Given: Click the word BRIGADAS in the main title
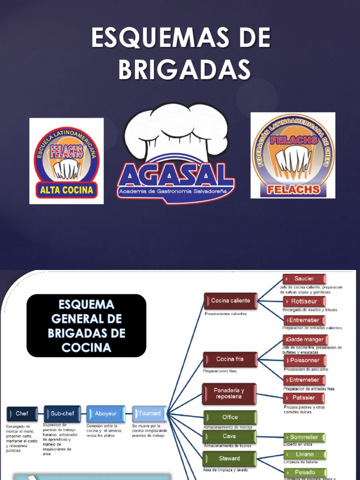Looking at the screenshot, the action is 184,69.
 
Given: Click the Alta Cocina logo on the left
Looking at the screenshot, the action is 67,161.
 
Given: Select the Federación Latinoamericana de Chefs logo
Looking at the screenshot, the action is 293,155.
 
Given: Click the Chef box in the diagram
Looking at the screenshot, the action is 22,413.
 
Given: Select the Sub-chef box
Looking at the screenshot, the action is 62,413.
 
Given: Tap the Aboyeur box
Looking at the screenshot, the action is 105,413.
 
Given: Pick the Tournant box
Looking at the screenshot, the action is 150,413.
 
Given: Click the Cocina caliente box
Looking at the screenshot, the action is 230,301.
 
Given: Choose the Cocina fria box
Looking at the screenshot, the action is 230,360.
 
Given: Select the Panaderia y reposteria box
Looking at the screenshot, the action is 229,393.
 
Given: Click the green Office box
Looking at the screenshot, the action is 230,417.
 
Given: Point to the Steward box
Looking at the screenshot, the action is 230,458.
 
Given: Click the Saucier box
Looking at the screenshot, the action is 304,279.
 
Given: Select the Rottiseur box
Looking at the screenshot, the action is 304,301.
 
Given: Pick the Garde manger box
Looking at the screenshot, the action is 305,339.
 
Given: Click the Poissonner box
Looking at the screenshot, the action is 305,360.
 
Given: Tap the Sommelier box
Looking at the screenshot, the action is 304,437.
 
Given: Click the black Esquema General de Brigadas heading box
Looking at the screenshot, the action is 86,325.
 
